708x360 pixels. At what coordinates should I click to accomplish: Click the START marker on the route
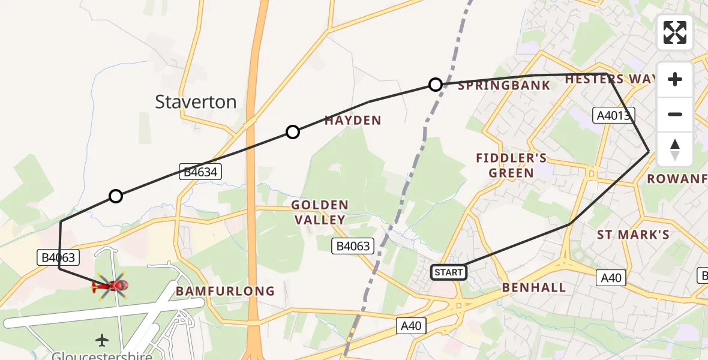point(449,272)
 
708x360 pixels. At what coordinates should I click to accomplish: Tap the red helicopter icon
point(110,286)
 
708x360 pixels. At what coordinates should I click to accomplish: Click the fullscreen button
point(675,32)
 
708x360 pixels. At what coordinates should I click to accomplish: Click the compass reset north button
point(675,149)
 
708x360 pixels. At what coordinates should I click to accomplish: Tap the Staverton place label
point(196,102)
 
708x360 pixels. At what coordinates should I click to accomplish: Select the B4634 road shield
point(200,172)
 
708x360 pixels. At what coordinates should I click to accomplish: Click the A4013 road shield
point(614,115)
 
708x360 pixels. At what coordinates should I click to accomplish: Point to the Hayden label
point(353,121)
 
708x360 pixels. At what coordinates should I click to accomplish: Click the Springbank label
point(503,86)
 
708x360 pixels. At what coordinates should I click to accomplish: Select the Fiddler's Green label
point(511,166)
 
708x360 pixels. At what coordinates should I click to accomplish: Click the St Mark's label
point(633,235)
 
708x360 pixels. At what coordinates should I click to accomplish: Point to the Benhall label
point(534,288)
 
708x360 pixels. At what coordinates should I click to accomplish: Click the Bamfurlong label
point(225,292)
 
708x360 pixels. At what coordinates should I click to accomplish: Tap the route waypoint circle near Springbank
point(436,85)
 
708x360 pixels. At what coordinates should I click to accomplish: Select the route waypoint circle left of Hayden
point(292,132)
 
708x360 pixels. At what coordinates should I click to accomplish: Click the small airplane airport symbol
point(103,340)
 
